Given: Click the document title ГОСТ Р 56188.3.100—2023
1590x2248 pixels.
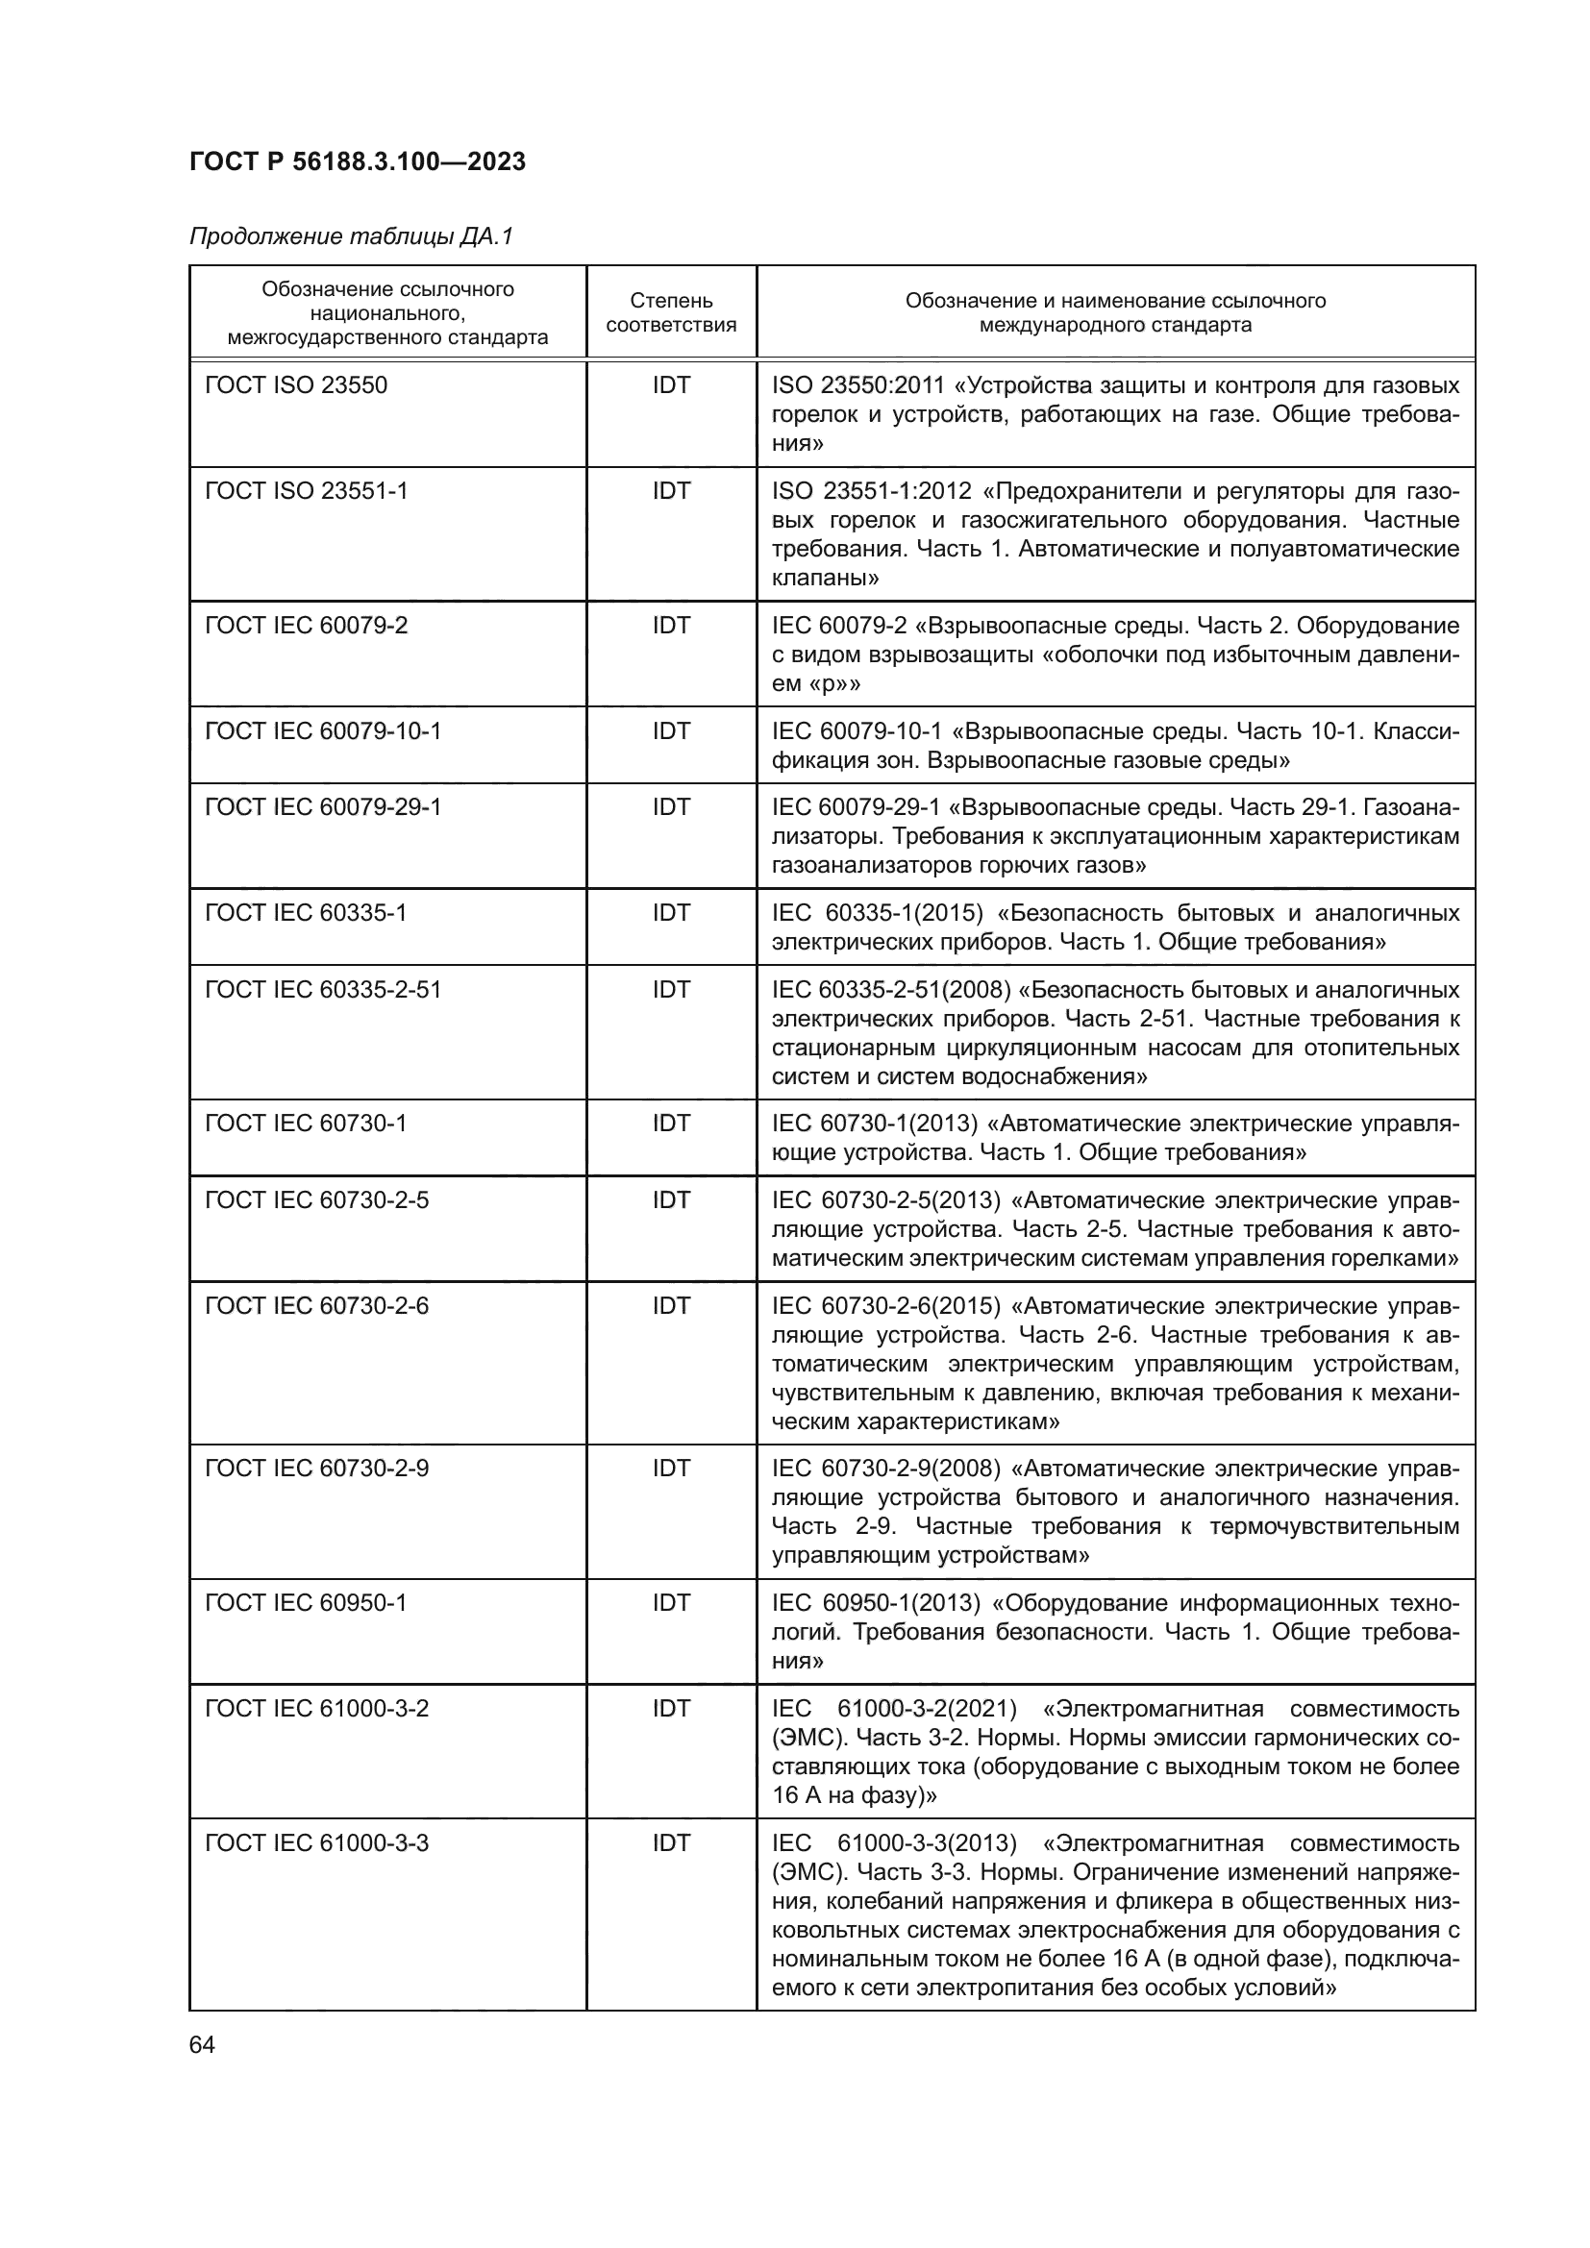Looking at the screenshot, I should [358, 161].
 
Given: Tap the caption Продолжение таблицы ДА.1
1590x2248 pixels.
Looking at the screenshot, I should [351, 237].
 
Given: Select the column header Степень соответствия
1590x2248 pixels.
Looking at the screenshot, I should [671, 312].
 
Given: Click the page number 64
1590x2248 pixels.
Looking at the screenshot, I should [202, 2045].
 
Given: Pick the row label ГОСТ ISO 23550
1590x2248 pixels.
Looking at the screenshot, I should [296, 384].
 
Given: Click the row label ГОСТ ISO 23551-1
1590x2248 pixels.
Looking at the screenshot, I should [306, 490].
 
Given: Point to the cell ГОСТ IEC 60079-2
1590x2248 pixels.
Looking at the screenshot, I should [306, 625].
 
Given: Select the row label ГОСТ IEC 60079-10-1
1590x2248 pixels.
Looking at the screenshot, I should [322, 730].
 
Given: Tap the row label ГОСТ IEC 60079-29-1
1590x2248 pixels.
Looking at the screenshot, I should [322, 806].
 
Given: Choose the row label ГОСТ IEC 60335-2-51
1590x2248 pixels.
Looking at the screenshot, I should [322, 989].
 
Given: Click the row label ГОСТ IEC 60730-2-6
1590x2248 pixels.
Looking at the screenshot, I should [316, 1305].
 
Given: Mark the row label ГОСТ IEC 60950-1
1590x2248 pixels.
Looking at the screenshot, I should [306, 1602].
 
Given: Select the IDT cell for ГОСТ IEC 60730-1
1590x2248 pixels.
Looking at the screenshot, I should [671, 1123].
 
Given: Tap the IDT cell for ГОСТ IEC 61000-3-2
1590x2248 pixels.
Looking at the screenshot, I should [671, 1709].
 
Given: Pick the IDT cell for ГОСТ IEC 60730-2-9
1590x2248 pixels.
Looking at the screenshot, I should [671, 1468].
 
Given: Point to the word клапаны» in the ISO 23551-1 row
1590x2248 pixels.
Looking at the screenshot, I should [826, 578].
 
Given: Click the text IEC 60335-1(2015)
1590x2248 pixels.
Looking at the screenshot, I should [878, 912].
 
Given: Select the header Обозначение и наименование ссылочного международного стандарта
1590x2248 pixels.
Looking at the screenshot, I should [1115, 312].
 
